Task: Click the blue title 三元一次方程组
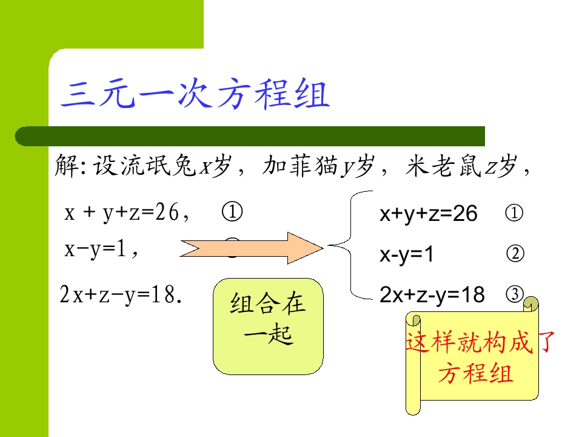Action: click(x=195, y=93)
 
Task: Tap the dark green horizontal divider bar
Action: click(x=250, y=136)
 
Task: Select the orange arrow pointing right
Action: click(x=252, y=248)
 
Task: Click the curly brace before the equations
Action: click(x=350, y=245)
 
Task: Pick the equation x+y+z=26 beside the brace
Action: click(x=429, y=214)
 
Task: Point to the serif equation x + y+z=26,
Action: click(x=127, y=212)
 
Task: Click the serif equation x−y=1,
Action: click(x=101, y=249)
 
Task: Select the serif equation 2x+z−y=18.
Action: click(x=121, y=294)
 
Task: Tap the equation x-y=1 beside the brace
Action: click(x=406, y=255)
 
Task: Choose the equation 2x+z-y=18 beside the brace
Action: click(x=432, y=295)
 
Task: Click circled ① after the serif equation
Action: click(x=232, y=212)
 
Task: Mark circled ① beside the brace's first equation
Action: click(x=514, y=213)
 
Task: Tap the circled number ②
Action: click(x=515, y=254)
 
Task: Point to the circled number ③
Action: click(x=515, y=294)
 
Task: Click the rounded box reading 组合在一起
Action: click(x=268, y=326)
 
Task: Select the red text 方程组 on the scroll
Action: click(x=476, y=373)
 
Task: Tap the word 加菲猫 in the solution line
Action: click(x=300, y=165)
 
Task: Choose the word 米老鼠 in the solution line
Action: click(x=443, y=165)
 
